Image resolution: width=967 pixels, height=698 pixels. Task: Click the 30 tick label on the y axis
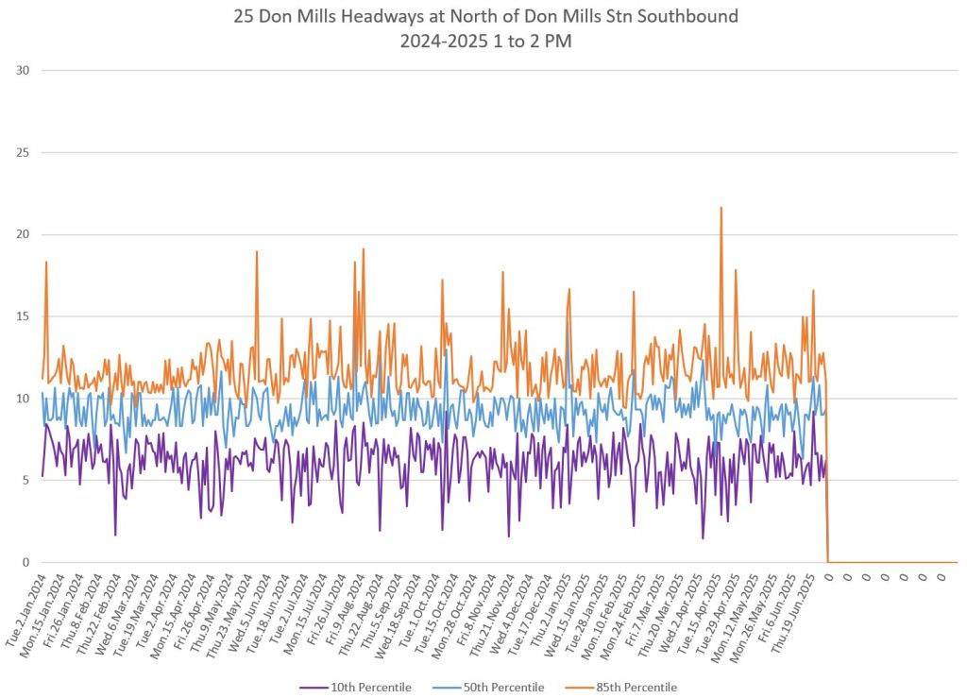(x=23, y=70)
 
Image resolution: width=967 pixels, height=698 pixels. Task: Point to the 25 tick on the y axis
(x=23, y=152)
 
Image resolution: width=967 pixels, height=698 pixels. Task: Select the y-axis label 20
(x=23, y=234)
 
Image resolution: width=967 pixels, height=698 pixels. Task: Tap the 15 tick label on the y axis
(x=23, y=316)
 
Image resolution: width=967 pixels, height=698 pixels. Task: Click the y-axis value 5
(x=25, y=480)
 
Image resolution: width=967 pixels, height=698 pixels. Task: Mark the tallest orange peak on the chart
(x=721, y=209)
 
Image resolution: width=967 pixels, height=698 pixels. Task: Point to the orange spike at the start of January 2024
(x=45, y=263)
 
